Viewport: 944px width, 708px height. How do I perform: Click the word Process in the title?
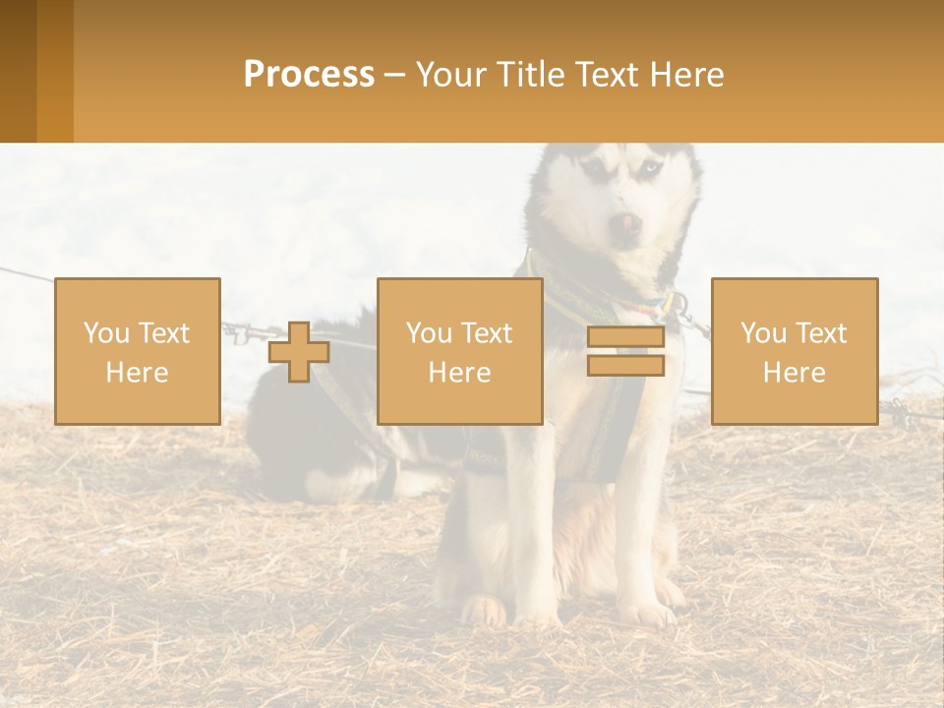pyautogui.click(x=309, y=75)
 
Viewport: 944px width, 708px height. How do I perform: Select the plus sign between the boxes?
pyautogui.click(x=299, y=352)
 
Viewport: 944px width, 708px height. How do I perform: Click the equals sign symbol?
pyautogui.click(x=625, y=351)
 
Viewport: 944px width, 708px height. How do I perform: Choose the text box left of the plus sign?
pyautogui.click(x=138, y=352)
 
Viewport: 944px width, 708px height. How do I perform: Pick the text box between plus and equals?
pyautogui.click(x=460, y=352)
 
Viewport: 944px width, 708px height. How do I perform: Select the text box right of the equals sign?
pyautogui.click(x=795, y=352)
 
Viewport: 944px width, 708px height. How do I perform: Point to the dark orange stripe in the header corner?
pyautogui.click(x=18, y=71)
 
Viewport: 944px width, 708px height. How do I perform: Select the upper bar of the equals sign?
pyautogui.click(x=625, y=337)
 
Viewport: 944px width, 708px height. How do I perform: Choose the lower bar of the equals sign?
pyautogui.click(x=625, y=366)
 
